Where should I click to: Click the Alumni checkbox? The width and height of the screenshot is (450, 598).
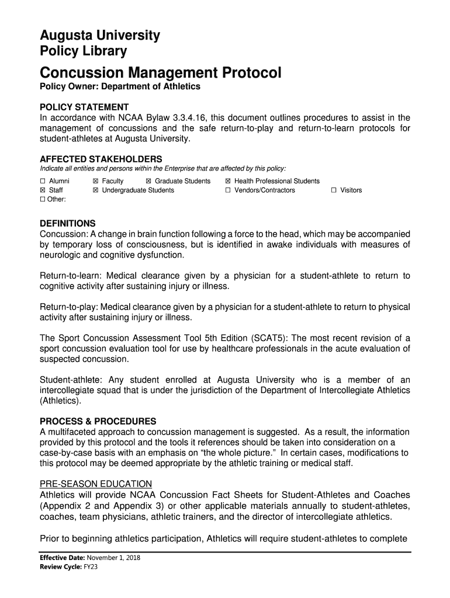coord(42,181)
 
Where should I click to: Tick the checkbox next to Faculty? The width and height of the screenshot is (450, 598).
coord(95,181)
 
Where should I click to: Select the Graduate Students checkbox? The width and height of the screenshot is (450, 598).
coord(148,181)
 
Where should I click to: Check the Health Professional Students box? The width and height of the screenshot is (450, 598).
coord(228,181)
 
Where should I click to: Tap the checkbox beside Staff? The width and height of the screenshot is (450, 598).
coord(42,190)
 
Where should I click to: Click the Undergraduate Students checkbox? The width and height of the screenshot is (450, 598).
coord(95,190)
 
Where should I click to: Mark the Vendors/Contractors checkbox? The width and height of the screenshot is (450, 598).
coord(228,190)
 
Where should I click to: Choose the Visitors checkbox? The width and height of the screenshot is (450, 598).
coord(334,190)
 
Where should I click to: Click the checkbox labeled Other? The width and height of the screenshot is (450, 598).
coord(42,200)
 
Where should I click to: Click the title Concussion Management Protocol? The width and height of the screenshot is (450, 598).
coord(160,74)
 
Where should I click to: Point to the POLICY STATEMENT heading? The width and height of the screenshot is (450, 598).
coord(84,107)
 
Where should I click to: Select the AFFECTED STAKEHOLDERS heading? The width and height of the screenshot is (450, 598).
coord(101,159)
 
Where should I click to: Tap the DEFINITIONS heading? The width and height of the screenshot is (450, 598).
coord(67,224)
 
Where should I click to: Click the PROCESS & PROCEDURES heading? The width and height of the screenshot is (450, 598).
coord(98,421)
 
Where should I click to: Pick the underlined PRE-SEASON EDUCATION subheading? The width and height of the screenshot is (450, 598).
coord(95,484)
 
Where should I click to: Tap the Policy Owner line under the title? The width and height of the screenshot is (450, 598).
coord(119,87)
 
